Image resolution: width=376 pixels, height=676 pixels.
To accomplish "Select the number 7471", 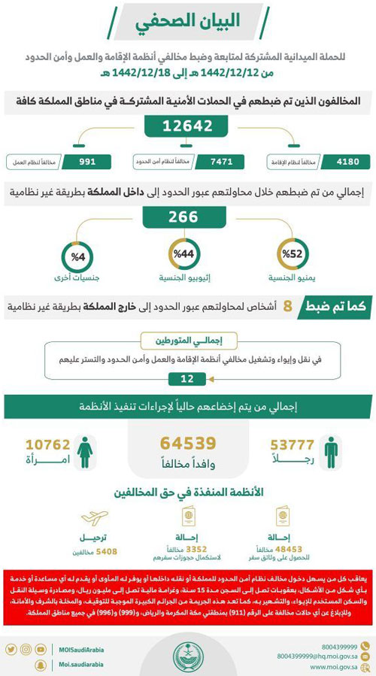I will click(222, 161).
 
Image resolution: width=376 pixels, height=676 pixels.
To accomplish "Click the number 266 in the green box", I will click(187, 218).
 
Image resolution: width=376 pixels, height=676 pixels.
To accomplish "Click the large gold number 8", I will click(287, 306).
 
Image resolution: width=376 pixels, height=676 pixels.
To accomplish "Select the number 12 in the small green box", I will click(187, 378).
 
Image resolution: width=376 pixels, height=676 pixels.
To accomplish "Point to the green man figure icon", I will click(331, 451).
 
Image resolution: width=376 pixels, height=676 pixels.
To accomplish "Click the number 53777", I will click(287, 444).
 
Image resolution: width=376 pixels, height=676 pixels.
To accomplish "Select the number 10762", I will click(47, 444).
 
